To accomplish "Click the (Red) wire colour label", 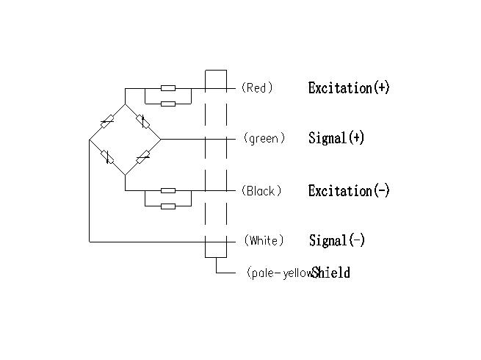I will pyautogui.click(x=257, y=88).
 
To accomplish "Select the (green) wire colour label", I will pyautogui.click(x=264, y=138).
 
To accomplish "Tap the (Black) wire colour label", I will pyautogui.click(x=261, y=191).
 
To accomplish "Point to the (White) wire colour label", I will pyautogui.click(x=264, y=240).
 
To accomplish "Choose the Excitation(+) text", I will pyautogui.click(x=349, y=88).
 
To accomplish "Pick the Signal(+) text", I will pyautogui.click(x=336, y=138).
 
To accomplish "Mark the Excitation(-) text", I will pyautogui.click(x=349, y=191).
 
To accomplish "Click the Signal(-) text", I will pyautogui.click(x=337, y=240).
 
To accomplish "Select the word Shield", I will pyautogui.click(x=331, y=273).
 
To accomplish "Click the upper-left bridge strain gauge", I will pyautogui.click(x=107, y=121).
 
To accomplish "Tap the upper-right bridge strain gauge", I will pyautogui.click(x=143, y=121).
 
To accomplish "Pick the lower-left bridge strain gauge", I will pyautogui.click(x=107, y=156).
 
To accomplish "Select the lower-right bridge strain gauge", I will pyautogui.click(x=143, y=156).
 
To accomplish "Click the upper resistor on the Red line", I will pyautogui.click(x=168, y=88).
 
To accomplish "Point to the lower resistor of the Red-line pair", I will pyautogui.click(x=168, y=104).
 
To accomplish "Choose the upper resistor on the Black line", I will pyautogui.click(x=168, y=190).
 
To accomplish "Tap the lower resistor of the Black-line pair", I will pyautogui.click(x=168, y=206).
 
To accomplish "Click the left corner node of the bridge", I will pyautogui.click(x=89, y=138).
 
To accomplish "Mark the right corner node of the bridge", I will pyautogui.click(x=161, y=138).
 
